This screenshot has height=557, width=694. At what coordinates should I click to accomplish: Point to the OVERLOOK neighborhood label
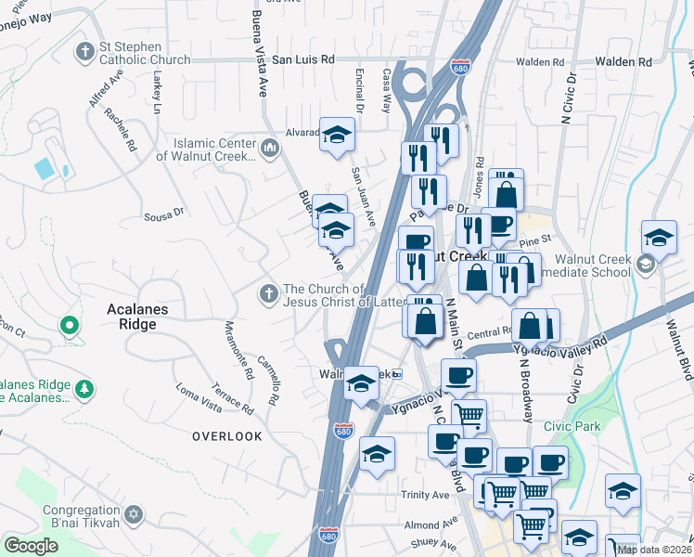point(227,435)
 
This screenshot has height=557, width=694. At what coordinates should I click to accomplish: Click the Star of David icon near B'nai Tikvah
point(134,513)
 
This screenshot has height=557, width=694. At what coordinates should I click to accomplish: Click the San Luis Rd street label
point(302,59)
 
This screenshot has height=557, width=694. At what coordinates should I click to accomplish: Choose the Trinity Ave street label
point(425,495)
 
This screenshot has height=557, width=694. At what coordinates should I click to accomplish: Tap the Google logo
point(31,546)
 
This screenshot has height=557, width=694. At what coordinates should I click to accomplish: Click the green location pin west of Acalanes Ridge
point(68,326)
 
